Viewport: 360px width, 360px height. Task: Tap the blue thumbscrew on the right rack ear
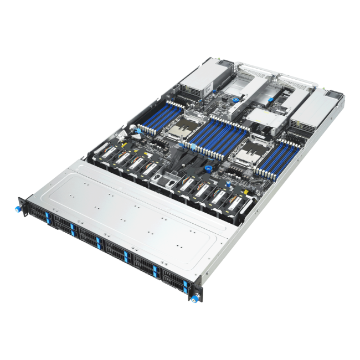click(x=193, y=299)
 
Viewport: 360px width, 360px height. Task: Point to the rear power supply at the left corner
click(x=200, y=81)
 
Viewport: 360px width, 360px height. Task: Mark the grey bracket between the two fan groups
click(x=161, y=180)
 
